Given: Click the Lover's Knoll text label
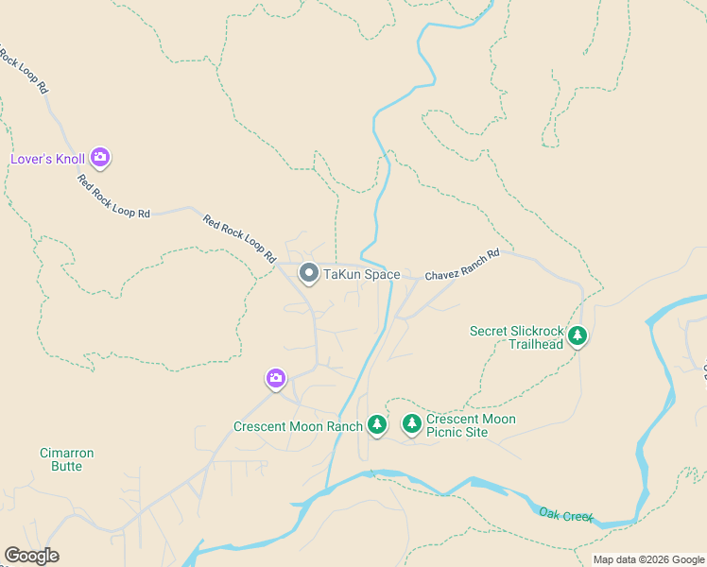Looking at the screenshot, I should (x=47, y=159).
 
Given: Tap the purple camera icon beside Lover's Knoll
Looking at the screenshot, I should (x=100, y=158).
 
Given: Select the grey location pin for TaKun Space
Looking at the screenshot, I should (x=308, y=274).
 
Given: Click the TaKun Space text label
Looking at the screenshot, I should (x=362, y=275).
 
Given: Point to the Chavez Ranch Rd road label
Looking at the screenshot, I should (x=461, y=266).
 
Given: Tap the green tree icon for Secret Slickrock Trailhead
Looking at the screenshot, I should (x=577, y=335).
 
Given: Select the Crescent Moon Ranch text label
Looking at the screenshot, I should (x=298, y=426).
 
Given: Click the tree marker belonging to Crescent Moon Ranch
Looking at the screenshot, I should (x=377, y=425).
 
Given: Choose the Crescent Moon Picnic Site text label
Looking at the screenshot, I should (x=471, y=425).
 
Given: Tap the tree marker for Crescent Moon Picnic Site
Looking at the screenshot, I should (x=411, y=424).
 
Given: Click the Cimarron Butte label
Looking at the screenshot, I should (x=66, y=460).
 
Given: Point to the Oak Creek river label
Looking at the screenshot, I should (x=566, y=515).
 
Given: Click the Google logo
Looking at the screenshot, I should (x=31, y=556).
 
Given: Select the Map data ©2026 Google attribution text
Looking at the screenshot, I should (x=647, y=559).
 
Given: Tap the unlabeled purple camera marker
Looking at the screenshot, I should (x=275, y=379).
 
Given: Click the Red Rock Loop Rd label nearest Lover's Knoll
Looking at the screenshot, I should (x=113, y=198).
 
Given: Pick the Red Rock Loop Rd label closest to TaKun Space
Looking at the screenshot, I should (x=239, y=238).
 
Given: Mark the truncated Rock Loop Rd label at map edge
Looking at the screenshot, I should (x=25, y=70).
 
